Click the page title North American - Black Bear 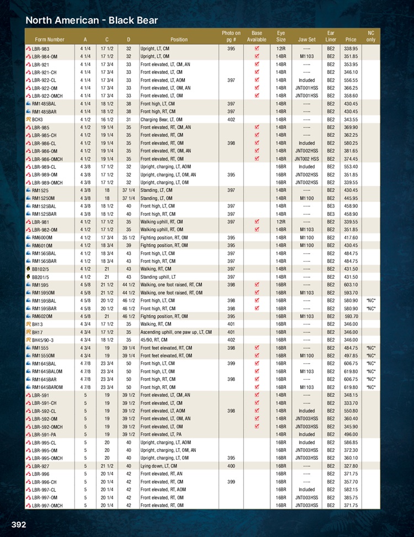pyautogui.click(x=92, y=20)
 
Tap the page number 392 pyautogui.click(x=18, y=524)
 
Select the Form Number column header pyautogui.click(x=49, y=40)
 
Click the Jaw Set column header pyautogui.click(x=306, y=40)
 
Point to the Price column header pyautogui.click(x=351, y=40)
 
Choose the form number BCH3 pyautogui.click(x=39, y=119)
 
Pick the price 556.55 pyautogui.click(x=351, y=80)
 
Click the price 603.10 pyautogui.click(x=351, y=285)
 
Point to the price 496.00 pyautogui.click(x=351, y=435)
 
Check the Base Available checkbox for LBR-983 pyautogui.click(x=257, y=49)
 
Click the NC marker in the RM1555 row pyautogui.click(x=370, y=348)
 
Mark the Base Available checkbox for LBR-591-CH pyautogui.click(x=257, y=403)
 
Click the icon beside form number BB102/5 pyautogui.click(x=28, y=269)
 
